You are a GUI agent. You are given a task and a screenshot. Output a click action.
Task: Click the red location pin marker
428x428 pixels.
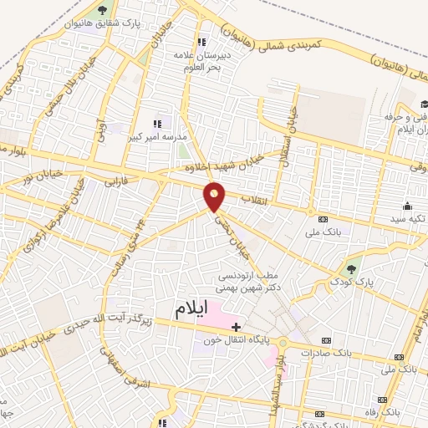[x=215, y=196]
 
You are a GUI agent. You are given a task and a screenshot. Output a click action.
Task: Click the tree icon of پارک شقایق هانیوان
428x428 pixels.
[x=102, y=10]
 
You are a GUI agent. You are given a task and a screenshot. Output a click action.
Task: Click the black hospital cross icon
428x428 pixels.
[x=236, y=326]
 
